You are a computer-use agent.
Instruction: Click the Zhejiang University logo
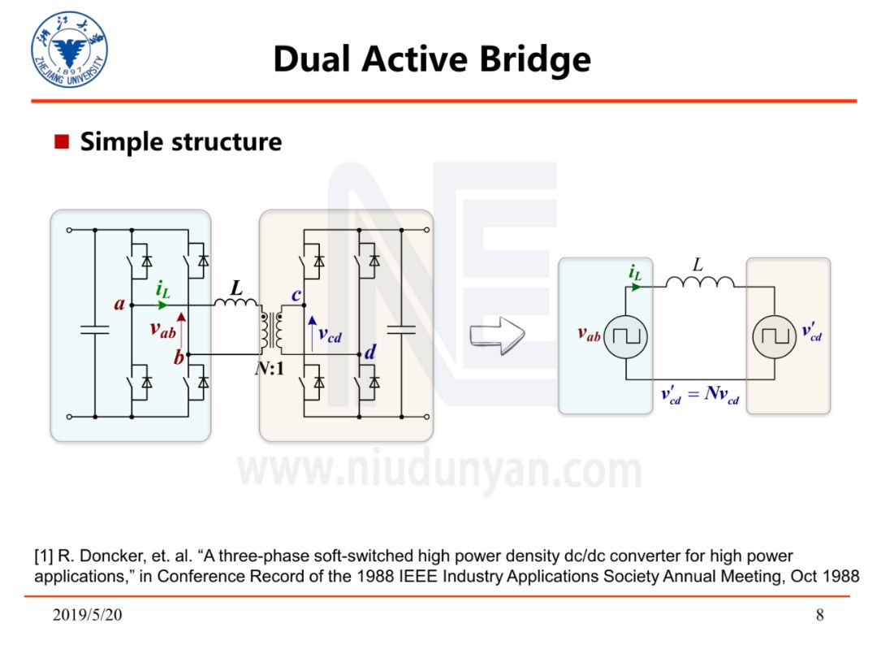(69, 50)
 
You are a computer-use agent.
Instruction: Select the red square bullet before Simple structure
(62, 142)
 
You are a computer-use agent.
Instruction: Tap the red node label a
(119, 305)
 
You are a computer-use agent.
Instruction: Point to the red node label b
(178, 359)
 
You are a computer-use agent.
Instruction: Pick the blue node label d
(370, 353)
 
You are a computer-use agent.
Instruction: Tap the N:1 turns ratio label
(270, 368)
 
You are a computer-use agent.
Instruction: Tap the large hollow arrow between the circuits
(497, 334)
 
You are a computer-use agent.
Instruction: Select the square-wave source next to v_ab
(625, 334)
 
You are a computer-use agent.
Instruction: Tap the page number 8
(819, 615)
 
